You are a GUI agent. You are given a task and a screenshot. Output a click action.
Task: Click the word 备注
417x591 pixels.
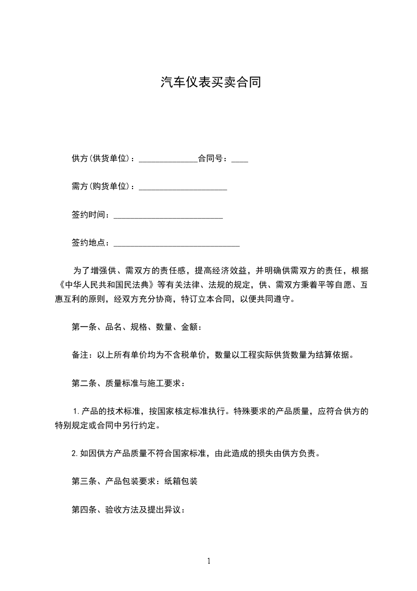tap(80, 355)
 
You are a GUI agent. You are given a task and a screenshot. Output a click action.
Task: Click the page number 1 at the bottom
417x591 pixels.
tap(209, 562)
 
